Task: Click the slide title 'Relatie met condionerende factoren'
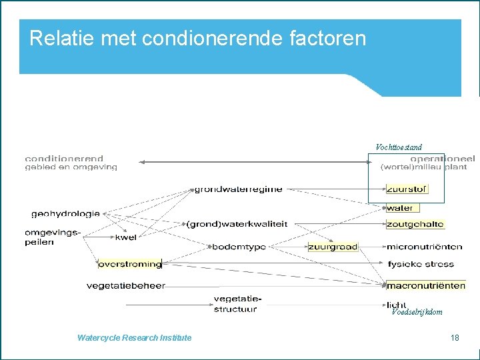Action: (197, 38)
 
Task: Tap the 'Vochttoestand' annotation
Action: (399, 147)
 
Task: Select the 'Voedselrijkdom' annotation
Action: (417, 312)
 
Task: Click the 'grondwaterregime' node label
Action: (238, 189)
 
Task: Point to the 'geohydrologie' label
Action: (65, 214)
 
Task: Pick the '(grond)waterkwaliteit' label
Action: (237, 224)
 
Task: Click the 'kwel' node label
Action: (125, 237)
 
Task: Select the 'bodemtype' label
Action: (239, 247)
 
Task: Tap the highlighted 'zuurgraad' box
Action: (333, 247)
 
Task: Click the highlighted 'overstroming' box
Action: (130, 264)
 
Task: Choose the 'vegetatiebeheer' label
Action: (125, 286)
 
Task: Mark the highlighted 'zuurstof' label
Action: (407, 189)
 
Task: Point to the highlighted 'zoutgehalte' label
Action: (415, 225)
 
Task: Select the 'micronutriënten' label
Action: (424, 247)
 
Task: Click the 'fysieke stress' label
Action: (420, 264)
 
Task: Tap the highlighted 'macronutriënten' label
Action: (425, 286)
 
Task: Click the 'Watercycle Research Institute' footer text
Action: (134, 338)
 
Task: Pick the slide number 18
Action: (455, 338)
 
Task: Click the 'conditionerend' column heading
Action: (64, 159)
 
